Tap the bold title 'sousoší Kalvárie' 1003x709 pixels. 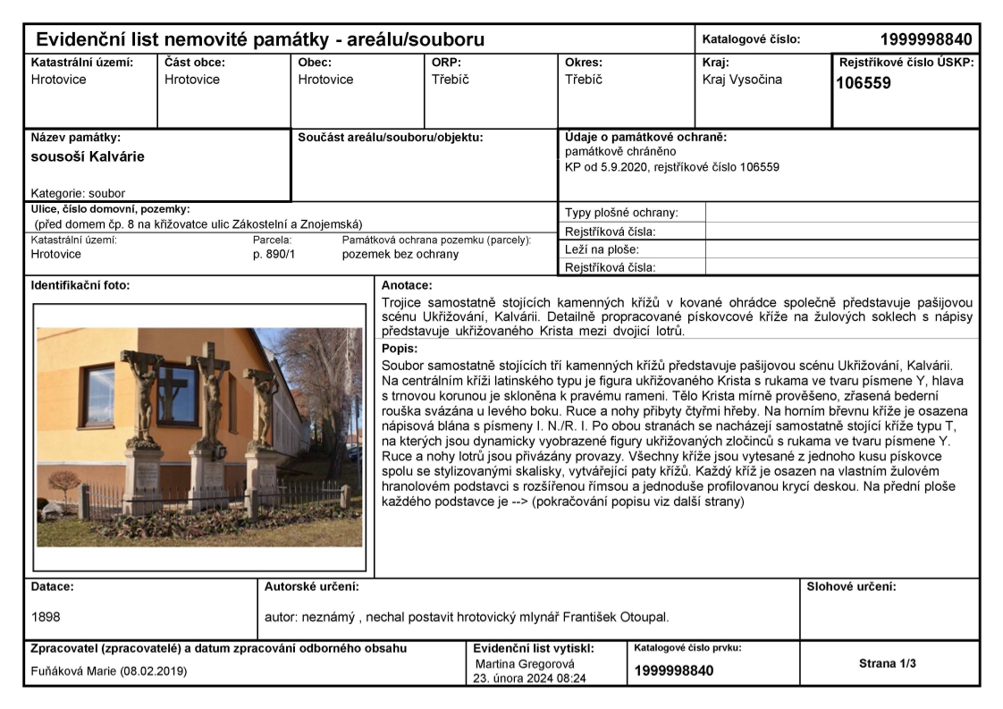coord(88,156)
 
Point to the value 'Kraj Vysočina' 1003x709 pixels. coord(742,80)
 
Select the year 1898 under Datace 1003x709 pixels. coord(46,617)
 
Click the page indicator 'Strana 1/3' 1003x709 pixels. coord(888,663)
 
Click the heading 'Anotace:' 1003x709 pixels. coord(406,285)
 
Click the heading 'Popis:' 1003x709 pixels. coord(399,349)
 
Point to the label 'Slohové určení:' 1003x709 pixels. coord(851,587)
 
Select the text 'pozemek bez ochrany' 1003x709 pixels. coord(400,254)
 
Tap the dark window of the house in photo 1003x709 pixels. coord(170,393)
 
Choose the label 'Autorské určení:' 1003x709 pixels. coord(312,587)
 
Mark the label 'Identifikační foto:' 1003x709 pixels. coord(80,285)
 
